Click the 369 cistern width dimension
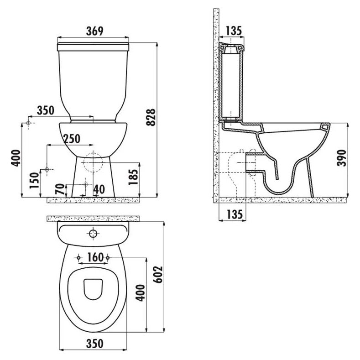click(94, 31)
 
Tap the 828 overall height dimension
click(151, 117)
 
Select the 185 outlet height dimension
click(133, 177)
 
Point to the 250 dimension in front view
click(72, 139)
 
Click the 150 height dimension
click(34, 181)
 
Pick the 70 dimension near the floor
click(60, 189)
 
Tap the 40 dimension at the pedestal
click(99, 189)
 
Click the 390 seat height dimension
click(341, 158)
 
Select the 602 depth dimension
click(158, 275)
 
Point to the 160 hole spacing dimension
click(95, 257)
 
